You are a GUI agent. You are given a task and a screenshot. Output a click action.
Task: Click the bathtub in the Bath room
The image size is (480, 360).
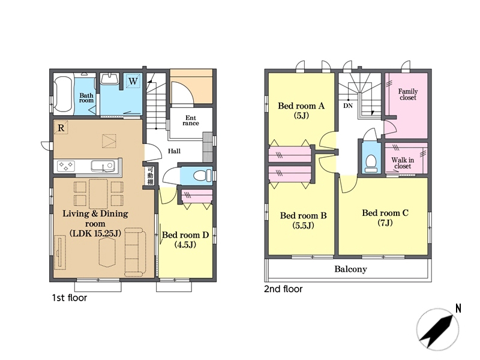[64, 94]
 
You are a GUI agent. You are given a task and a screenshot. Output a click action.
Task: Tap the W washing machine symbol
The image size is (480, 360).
[133, 82]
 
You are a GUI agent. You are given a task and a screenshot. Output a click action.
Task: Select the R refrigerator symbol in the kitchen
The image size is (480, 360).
[61, 128]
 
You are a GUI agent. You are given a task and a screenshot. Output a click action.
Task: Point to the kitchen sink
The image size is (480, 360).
[103, 166]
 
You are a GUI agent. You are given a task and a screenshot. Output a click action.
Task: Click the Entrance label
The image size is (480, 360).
[191, 121]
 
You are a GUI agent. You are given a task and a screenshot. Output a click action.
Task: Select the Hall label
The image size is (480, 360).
[174, 151]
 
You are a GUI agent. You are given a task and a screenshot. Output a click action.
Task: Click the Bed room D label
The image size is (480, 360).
[185, 239]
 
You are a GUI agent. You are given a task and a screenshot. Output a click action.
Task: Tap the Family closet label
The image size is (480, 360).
[408, 94]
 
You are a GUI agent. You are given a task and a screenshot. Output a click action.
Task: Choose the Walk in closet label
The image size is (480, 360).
[403, 163]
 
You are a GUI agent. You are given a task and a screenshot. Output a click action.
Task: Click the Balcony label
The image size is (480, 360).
[350, 269]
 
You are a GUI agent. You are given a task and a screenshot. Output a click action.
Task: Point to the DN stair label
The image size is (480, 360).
[348, 106]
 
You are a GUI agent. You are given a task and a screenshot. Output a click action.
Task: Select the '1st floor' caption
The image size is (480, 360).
[70, 298]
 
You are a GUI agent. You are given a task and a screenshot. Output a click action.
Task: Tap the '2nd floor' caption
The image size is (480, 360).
[283, 289]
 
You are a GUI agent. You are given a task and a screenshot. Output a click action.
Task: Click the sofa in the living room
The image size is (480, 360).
[135, 252]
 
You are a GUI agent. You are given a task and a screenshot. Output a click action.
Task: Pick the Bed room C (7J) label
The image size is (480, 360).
[385, 218]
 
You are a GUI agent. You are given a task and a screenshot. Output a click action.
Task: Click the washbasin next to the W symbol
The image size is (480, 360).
[110, 79]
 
